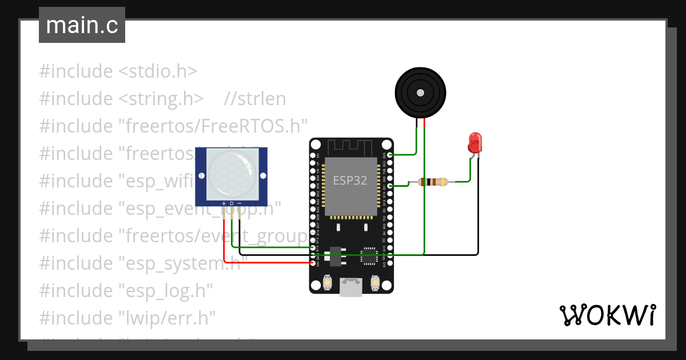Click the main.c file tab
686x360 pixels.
pos(82,26)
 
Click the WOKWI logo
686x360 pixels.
pos(607,315)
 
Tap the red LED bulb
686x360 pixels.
pos(475,142)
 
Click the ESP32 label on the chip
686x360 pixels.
pos(350,181)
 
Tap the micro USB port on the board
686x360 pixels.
pos(351,287)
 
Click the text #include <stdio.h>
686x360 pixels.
pos(118,71)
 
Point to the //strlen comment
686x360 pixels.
pos(255,99)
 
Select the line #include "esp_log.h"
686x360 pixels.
pos(126,290)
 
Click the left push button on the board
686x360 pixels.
pos(328,282)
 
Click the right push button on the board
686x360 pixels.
pos(375,282)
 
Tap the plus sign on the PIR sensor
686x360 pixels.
pos(224,203)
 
